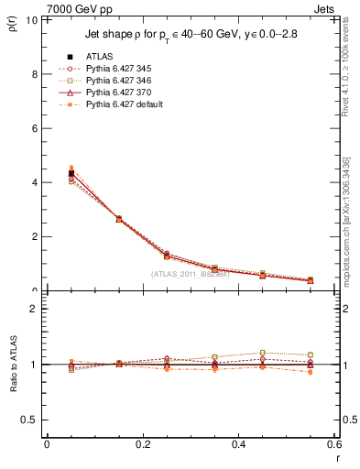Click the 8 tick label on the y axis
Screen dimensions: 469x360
pos(35,74)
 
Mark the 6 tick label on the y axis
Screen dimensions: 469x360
pos(35,128)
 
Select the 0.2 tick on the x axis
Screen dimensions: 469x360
pos(142,443)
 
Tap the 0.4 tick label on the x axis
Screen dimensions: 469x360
pos(238,443)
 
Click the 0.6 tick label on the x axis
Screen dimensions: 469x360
pos(333,443)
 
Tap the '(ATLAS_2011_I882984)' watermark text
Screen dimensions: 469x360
pos(191,273)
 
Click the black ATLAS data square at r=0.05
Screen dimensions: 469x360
pos(71,173)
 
